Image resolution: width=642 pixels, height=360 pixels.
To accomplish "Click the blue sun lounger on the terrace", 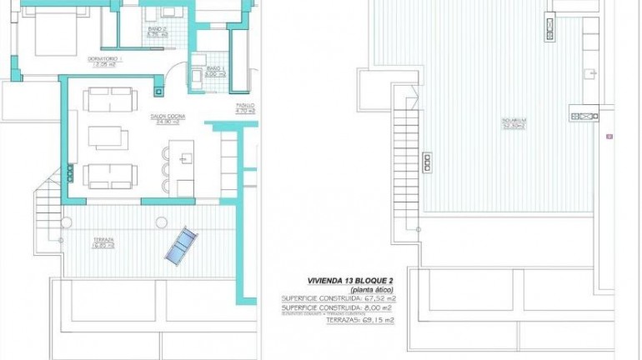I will [179, 247].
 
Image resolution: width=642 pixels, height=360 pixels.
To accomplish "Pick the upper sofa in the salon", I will [109, 102].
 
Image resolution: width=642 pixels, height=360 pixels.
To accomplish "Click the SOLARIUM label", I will [513, 124].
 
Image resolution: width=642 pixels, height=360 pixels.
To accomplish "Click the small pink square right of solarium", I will [609, 136].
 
